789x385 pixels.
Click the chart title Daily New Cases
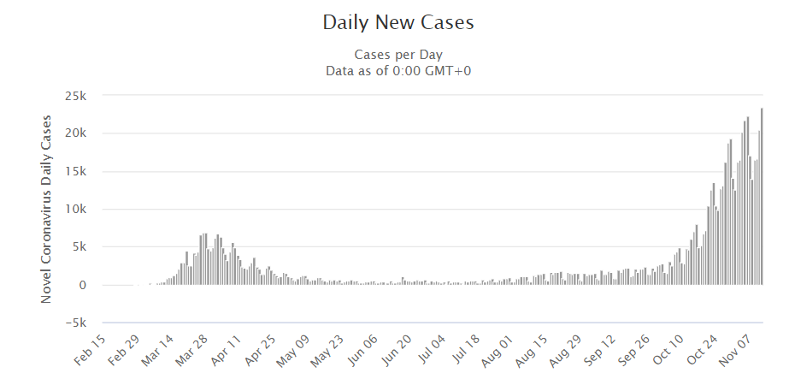397,23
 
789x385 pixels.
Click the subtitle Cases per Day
397,56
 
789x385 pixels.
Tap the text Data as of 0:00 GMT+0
397,70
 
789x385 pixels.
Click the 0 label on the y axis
83,285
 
